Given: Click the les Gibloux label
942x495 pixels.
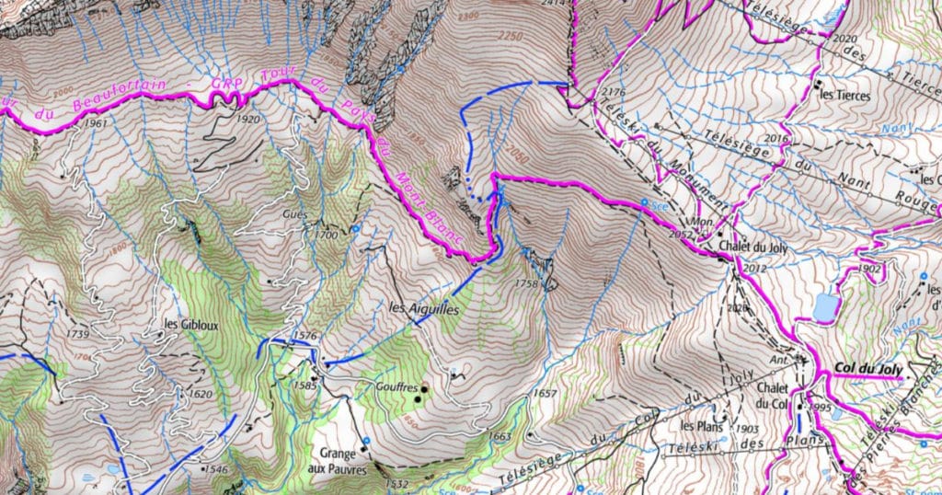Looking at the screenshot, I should pos(190,324).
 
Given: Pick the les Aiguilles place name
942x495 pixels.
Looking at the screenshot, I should pos(423,309).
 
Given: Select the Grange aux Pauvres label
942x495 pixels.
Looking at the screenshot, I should pos(343,462).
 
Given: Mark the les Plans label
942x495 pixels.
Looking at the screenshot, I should pos(699,426).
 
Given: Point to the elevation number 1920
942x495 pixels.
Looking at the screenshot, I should pos(247,119).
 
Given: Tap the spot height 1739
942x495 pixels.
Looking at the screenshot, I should pos(78,333).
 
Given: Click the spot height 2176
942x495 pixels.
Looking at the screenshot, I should pos(612,93).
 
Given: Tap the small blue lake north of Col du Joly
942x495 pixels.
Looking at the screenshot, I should pos(825,307).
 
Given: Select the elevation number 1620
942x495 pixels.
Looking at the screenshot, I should pos(200,394).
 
